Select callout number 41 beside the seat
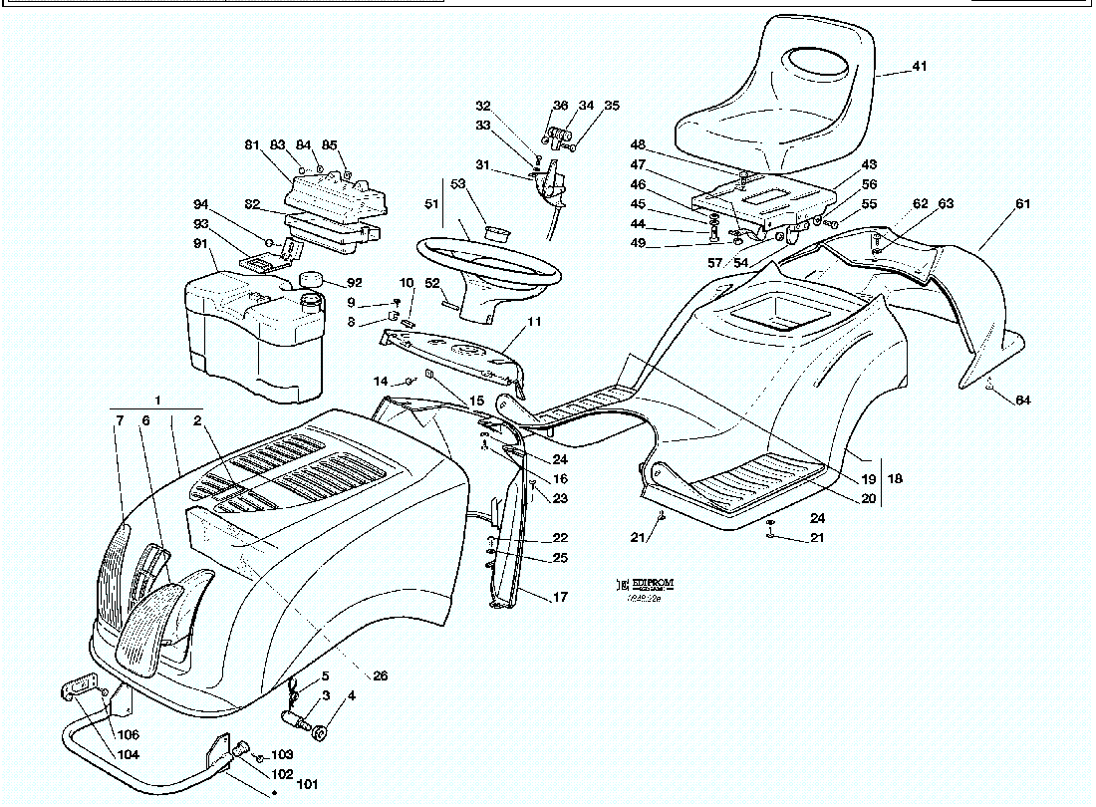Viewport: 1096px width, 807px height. pos(919,67)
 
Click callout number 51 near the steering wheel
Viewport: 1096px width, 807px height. pos(430,204)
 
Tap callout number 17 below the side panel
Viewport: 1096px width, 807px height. pos(560,598)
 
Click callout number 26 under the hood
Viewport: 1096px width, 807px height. pos(380,675)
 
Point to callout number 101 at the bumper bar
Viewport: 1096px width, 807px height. pos(309,784)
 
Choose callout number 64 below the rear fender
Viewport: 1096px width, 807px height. pos(1022,401)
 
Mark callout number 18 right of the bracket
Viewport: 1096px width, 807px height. pos(894,479)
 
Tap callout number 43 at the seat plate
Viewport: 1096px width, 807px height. pos(869,164)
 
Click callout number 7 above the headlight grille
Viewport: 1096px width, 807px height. pos(120,421)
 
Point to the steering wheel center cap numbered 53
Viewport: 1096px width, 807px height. pos(495,233)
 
